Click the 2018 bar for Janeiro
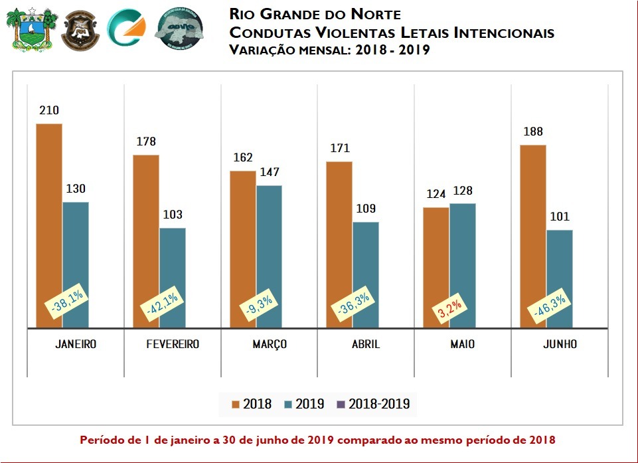click(x=48, y=226)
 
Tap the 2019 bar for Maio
click(x=462, y=266)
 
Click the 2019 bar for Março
click(x=269, y=256)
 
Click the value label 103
click(x=172, y=215)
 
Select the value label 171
click(x=339, y=148)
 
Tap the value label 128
click(x=462, y=191)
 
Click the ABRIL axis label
click(x=365, y=345)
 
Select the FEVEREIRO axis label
click(x=173, y=345)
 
